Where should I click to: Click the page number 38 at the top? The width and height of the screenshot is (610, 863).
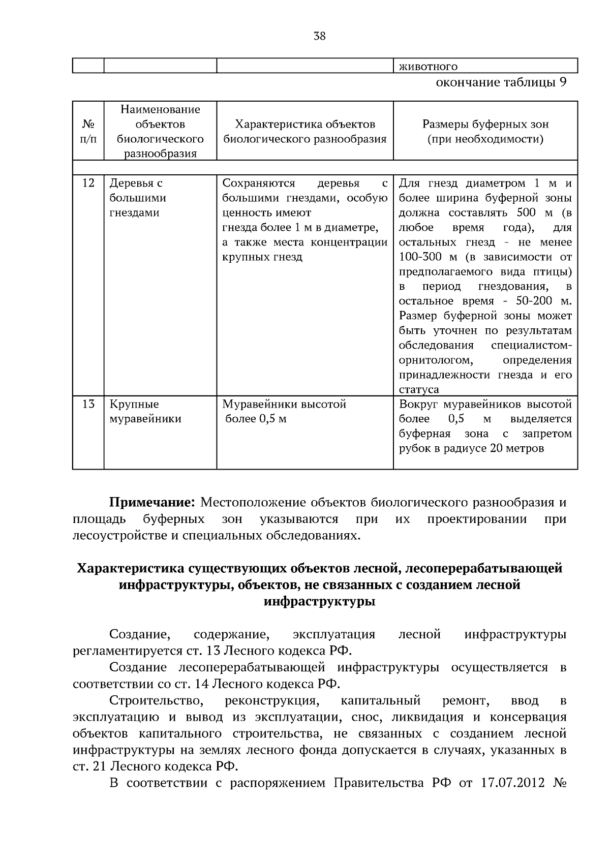(319, 36)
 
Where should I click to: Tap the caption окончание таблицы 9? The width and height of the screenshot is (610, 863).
(501, 82)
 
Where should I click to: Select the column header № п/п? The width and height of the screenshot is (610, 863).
(88, 131)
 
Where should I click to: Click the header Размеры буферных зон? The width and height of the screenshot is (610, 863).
(485, 125)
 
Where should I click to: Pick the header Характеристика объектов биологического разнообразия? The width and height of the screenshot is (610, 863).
(304, 132)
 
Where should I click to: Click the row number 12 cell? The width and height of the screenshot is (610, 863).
(88, 183)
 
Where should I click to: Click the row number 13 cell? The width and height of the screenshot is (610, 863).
(88, 404)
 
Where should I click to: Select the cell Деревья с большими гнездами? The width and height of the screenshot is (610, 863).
(137, 198)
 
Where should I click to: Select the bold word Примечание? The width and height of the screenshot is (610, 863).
(152, 503)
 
